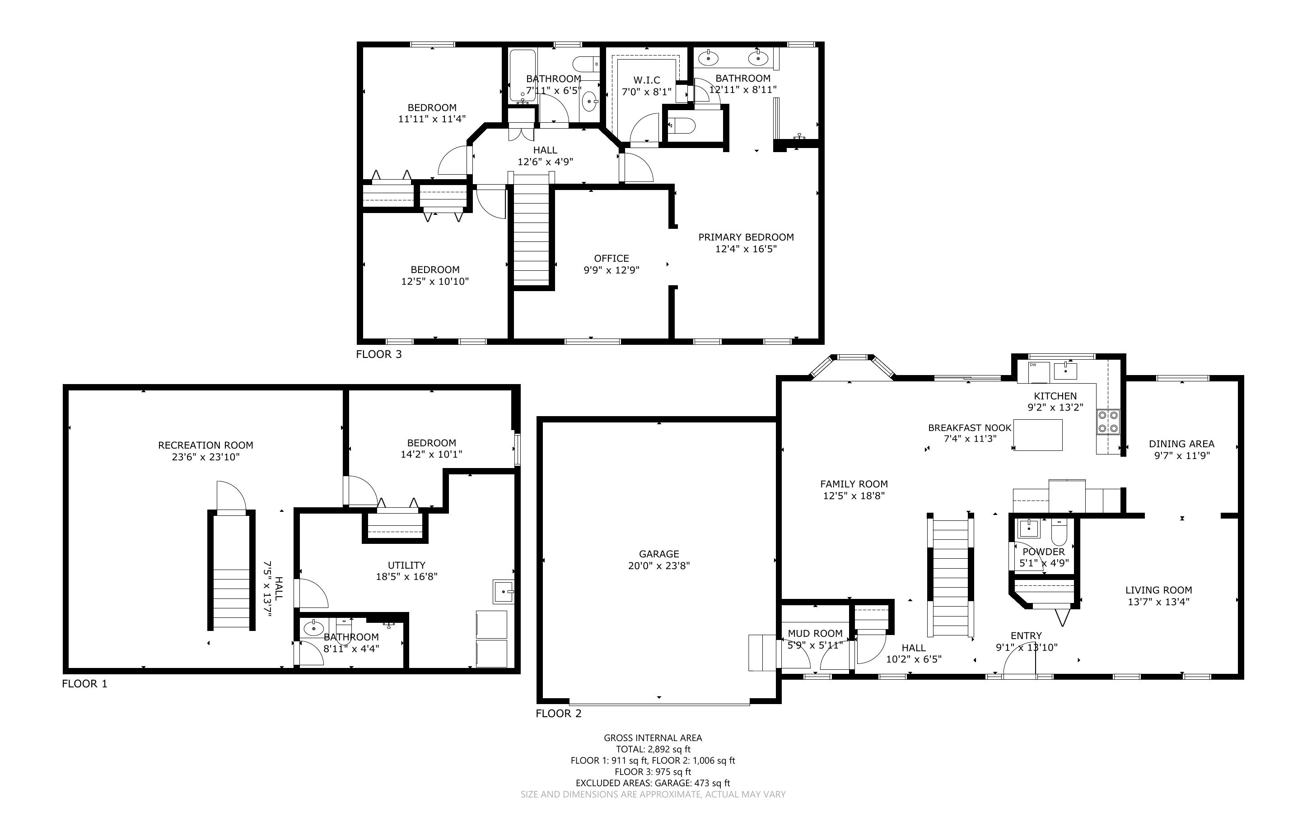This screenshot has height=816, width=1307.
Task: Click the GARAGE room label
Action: pos(658,554)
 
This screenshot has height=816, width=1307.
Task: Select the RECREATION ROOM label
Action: pos(205,445)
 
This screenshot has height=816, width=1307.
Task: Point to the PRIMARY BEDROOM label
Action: pos(746,237)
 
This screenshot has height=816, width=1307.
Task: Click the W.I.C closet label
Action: pos(647,80)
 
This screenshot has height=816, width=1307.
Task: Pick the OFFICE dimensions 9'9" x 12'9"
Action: pos(611,270)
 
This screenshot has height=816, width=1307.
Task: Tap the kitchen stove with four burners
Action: pos(1108,422)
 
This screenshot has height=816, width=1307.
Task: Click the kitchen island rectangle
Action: pos(1038,435)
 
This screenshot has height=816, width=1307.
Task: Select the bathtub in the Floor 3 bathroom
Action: pos(523,75)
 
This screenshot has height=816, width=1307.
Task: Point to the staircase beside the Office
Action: pos(531,231)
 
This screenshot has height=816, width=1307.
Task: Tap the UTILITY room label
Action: pos(406,565)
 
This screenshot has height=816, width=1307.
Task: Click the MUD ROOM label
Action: pos(815,634)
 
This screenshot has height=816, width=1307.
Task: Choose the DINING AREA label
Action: pos(1182,444)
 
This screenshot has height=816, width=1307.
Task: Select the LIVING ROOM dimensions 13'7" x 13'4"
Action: pos(1158,602)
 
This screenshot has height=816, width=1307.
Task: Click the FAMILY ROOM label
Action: pos(854,484)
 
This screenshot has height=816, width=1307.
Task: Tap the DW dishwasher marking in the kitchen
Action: pos(1033,365)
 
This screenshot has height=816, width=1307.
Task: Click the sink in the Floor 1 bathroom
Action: pos(313,628)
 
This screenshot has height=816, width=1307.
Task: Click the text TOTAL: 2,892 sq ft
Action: pos(653,749)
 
